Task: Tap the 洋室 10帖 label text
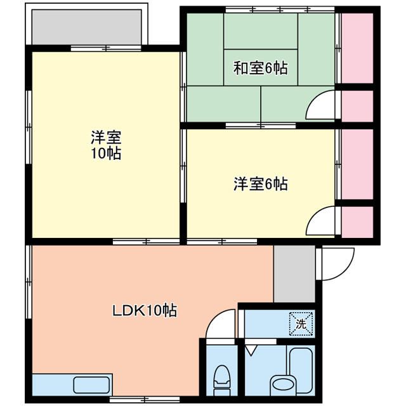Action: pyautogui.click(x=105, y=145)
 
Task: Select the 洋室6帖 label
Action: pyautogui.click(x=260, y=185)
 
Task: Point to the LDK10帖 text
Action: pyautogui.click(x=145, y=311)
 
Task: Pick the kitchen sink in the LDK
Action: pyautogui.click(x=92, y=384)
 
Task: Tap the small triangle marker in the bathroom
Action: pyautogui.click(x=251, y=350)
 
